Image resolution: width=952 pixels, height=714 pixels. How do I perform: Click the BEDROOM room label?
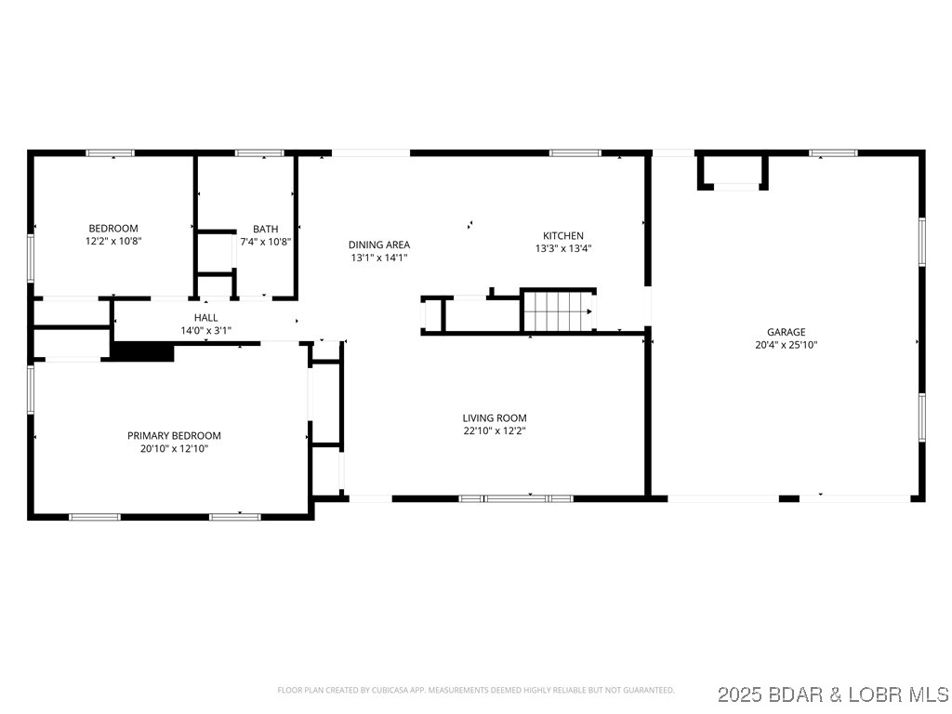coord(112,229)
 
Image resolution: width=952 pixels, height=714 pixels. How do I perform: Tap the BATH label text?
coord(265,230)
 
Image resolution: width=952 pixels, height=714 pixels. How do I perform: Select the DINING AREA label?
coord(378,245)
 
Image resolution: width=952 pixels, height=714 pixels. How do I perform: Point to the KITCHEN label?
coord(563,236)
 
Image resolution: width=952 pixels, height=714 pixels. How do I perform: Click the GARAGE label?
coord(786,332)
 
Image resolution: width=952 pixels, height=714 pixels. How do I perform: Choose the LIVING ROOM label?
coord(495,418)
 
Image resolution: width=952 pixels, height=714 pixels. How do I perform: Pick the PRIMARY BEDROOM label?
coord(174,436)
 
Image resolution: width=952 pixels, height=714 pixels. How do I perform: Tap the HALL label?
coord(205,318)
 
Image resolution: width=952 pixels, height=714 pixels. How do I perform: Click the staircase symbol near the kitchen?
coord(558,310)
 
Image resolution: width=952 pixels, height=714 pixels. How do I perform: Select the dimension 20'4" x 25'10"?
coord(786,345)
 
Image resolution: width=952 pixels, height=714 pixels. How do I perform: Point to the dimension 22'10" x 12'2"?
coord(495,431)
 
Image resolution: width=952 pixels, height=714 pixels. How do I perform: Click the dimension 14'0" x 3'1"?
coord(205,330)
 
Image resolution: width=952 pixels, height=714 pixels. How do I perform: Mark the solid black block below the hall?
coord(142,352)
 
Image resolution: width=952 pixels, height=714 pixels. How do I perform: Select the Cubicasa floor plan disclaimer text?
coord(475,691)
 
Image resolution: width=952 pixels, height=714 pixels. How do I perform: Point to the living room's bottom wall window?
coord(517,499)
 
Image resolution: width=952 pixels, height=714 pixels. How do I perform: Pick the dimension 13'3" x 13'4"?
coord(563,248)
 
